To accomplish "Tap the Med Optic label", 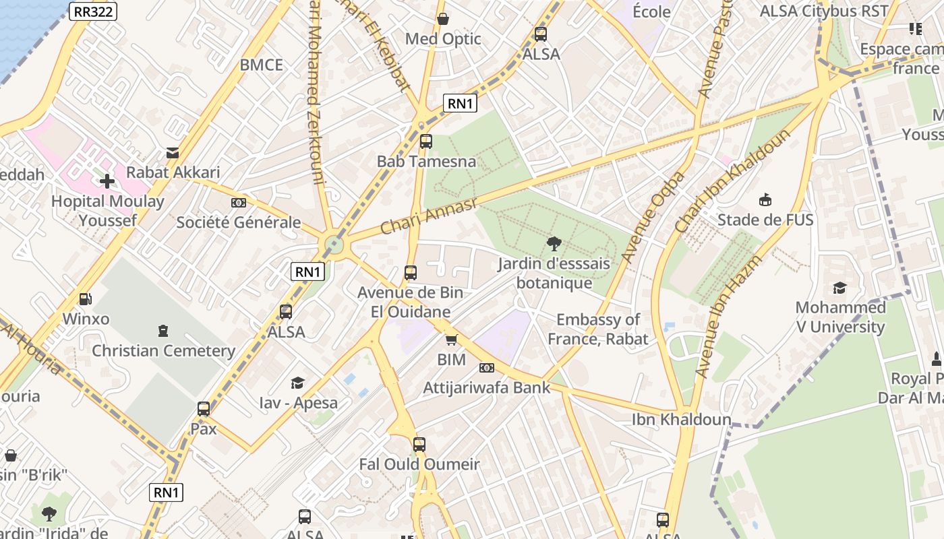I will coord(443,39).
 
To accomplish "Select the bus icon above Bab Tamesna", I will coord(425,141).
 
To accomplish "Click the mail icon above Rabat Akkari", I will coord(173,153).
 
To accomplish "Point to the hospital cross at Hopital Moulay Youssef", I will coord(107,181).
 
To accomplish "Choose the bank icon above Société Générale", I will coord(238,203).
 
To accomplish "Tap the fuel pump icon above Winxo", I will coord(86,299).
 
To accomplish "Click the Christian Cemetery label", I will coord(163,350).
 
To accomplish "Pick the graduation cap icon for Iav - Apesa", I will coord(297,383).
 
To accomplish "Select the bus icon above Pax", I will coord(204,409).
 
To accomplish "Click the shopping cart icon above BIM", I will coord(451,340).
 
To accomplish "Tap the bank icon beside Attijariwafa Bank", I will coord(487,368).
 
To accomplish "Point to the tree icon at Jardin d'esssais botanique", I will coord(554,244).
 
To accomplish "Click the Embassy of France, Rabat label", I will coord(597,329).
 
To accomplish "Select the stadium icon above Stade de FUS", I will coord(765,200).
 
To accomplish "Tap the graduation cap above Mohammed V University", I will coord(839,288).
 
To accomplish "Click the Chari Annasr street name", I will coord(428,216).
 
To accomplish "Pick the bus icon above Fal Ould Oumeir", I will coord(419,445).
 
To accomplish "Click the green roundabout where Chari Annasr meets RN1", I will coord(334,244).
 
